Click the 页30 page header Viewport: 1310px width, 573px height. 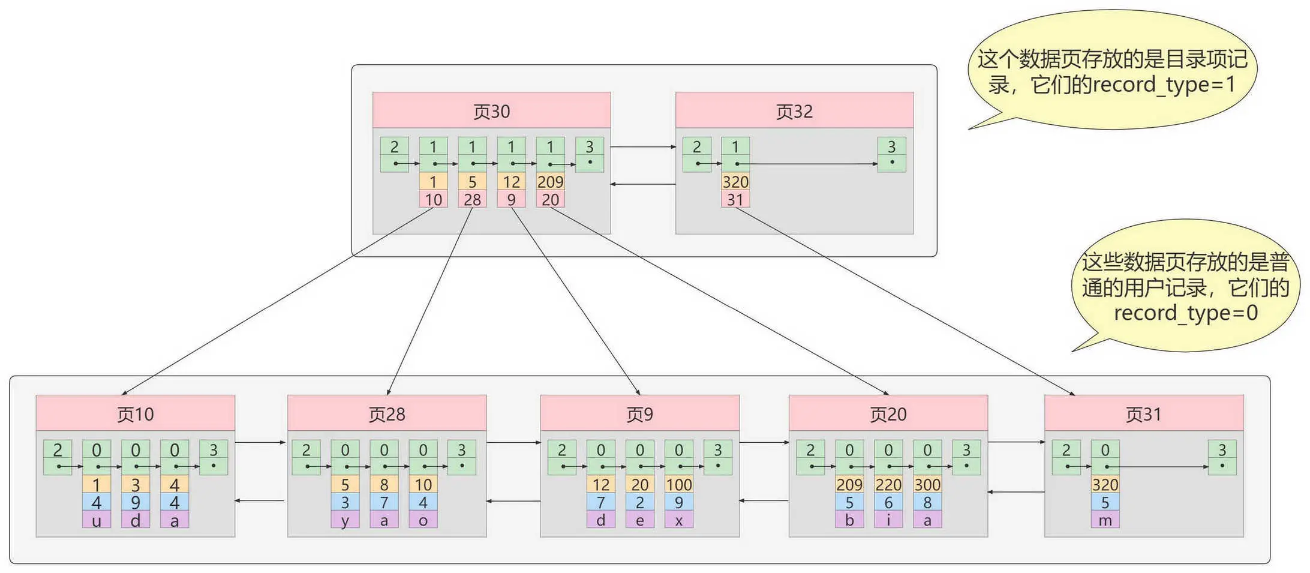(x=491, y=110)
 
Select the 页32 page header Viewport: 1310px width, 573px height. (x=794, y=110)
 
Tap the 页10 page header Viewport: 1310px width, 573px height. (x=135, y=413)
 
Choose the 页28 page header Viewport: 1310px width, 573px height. (x=387, y=413)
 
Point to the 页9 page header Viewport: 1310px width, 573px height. (x=639, y=413)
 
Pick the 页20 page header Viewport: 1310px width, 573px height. (x=888, y=413)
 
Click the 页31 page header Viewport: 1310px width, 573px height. (x=1143, y=413)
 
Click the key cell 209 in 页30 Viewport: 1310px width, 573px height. (x=550, y=182)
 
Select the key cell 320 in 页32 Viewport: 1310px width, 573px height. (x=735, y=182)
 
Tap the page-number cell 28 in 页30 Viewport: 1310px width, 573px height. (x=472, y=200)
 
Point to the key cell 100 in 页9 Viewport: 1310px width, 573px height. (x=678, y=484)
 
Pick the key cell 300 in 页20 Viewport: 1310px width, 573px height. (x=927, y=484)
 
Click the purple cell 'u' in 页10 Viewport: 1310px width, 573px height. (x=97, y=520)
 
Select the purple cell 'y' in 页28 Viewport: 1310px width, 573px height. (x=345, y=520)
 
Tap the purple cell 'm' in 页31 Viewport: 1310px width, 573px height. (x=1105, y=520)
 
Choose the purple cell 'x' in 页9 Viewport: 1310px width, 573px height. (x=678, y=520)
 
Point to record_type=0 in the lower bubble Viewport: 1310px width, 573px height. (x=1185, y=313)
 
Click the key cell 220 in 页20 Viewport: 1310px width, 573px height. (x=888, y=484)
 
